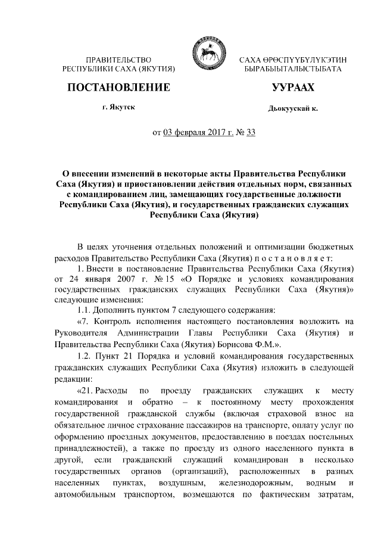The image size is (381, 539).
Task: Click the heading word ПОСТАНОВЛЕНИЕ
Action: tap(119, 88)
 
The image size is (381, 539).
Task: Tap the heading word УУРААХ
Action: tap(292, 88)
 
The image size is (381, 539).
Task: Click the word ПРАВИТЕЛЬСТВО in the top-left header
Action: tap(119, 61)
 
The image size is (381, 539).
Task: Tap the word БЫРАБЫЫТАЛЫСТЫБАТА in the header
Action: tap(292, 70)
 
